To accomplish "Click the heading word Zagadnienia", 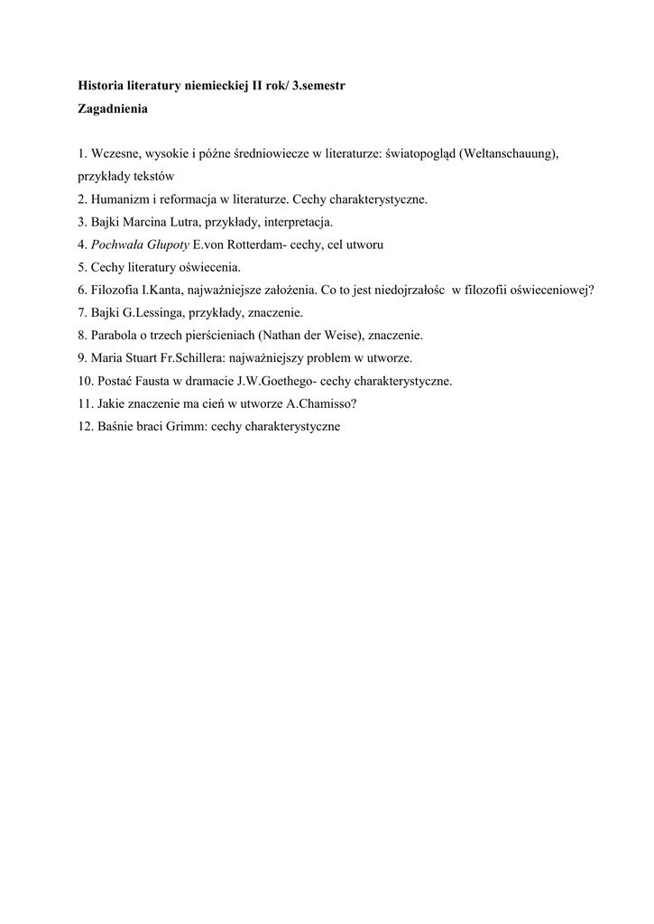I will pos(113,108).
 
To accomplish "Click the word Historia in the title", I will pos(102,86).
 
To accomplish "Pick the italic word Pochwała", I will pos(115,245).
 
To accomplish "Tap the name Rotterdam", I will pos(252,245).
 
